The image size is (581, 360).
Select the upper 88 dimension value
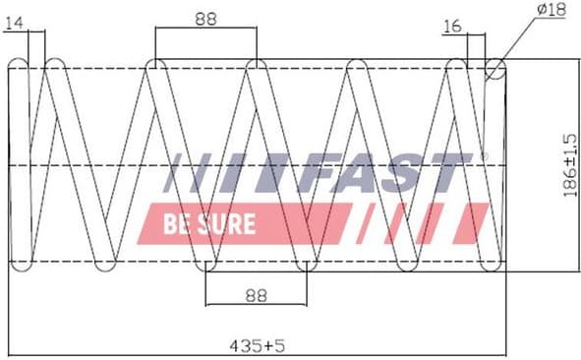pos(205,17)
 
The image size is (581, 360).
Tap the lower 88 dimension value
pos(257,294)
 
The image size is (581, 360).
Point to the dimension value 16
pos(452,26)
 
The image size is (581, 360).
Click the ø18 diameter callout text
pos(552,10)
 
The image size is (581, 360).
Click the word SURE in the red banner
pos(230,223)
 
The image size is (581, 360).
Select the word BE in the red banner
pos(178,223)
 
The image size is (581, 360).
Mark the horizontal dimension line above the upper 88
pos(205,28)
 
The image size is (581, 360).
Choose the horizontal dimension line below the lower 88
pos(257,305)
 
